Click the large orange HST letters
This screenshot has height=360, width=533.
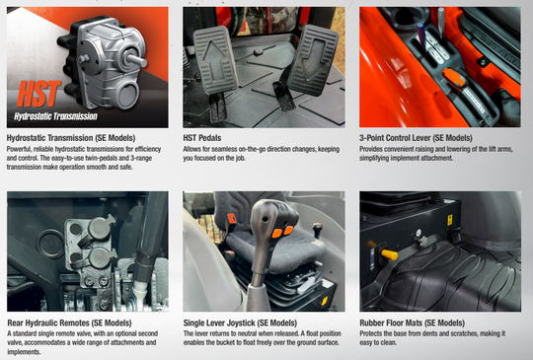point(39,94)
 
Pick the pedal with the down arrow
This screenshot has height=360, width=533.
point(313,60)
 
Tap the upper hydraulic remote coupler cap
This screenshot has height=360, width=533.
point(99,228)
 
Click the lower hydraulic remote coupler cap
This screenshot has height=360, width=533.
point(100,257)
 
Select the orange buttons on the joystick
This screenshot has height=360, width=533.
point(282,232)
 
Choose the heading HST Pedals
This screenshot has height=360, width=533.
point(202,138)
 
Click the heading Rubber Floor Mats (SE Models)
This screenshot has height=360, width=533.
point(412,323)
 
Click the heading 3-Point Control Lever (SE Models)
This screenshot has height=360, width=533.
point(416,138)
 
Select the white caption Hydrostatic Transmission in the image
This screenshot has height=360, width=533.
point(55,116)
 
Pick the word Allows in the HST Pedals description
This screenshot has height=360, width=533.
point(191,149)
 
